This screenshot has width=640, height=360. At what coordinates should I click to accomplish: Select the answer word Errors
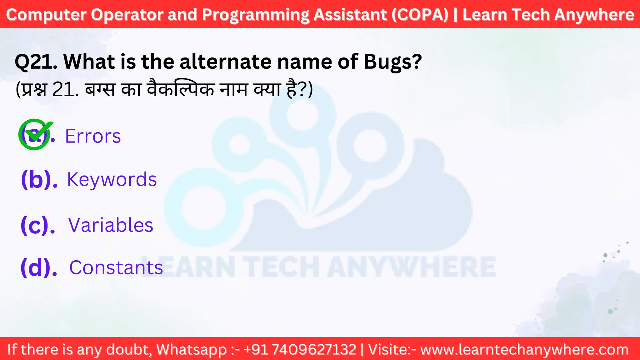coord(93,136)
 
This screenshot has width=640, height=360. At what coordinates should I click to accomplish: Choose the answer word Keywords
coord(112,179)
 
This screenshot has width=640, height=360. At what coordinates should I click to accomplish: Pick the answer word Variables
coord(111,225)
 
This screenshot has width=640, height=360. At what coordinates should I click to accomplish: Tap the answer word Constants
coord(116,268)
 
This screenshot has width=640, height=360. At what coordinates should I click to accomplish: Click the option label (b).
coord(39,180)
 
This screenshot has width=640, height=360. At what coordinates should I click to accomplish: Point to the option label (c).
coord(38,225)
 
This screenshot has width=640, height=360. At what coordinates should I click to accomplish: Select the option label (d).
coord(39,268)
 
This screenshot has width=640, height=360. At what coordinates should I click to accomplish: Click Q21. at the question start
coord(36,62)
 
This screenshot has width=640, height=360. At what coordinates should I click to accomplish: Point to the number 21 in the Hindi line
coord(64,90)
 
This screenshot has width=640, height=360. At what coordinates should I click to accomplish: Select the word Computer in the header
coord(46,15)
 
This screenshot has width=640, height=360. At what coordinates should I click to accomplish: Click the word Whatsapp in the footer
coord(191,349)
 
